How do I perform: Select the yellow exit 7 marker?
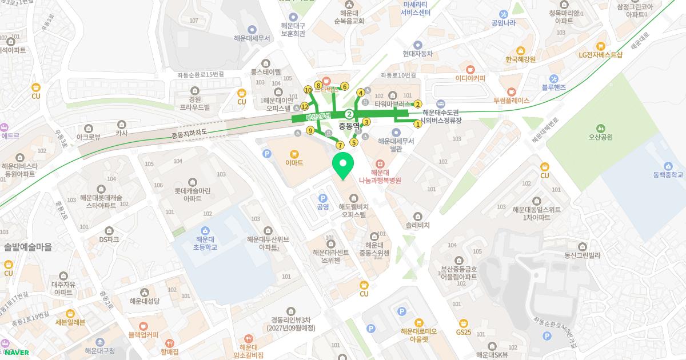(x=340, y=145)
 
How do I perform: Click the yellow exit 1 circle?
(x=418, y=124)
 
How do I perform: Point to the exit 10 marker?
(x=308, y=90)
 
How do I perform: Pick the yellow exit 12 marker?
(x=305, y=107)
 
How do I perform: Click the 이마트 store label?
(x=294, y=162)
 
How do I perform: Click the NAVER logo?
(x=17, y=352)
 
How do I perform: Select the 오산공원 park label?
(x=600, y=137)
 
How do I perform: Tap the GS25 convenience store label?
(x=464, y=332)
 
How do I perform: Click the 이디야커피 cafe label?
(x=470, y=78)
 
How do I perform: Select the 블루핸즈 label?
(x=553, y=87)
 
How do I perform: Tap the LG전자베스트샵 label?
(x=600, y=55)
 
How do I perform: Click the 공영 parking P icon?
(x=322, y=198)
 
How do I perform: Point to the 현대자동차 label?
(x=417, y=54)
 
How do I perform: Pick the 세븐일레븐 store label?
(x=70, y=322)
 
